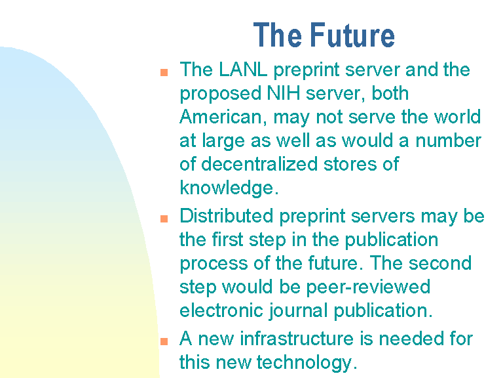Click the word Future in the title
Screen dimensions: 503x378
click(x=352, y=35)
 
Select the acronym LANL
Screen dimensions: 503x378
click(x=243, y=70)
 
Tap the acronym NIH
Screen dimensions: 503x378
click(x=284, y=93)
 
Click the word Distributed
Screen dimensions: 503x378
click(x=226, y=216)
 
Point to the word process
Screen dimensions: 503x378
click(x=214, y=264)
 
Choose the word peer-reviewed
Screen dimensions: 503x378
click(x=368, y=287)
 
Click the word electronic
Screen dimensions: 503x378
click(x=221, y=310)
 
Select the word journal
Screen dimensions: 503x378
click(x=298, y=311)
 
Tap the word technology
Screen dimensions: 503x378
click(x=307, y=363)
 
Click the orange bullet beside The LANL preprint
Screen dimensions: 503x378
click(x=164, y=72)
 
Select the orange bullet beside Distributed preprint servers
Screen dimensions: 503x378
click(x=164, y=219)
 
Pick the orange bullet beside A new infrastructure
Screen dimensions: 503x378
click(x=164, y=341)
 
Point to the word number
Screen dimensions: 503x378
click(x=448, y=140)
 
